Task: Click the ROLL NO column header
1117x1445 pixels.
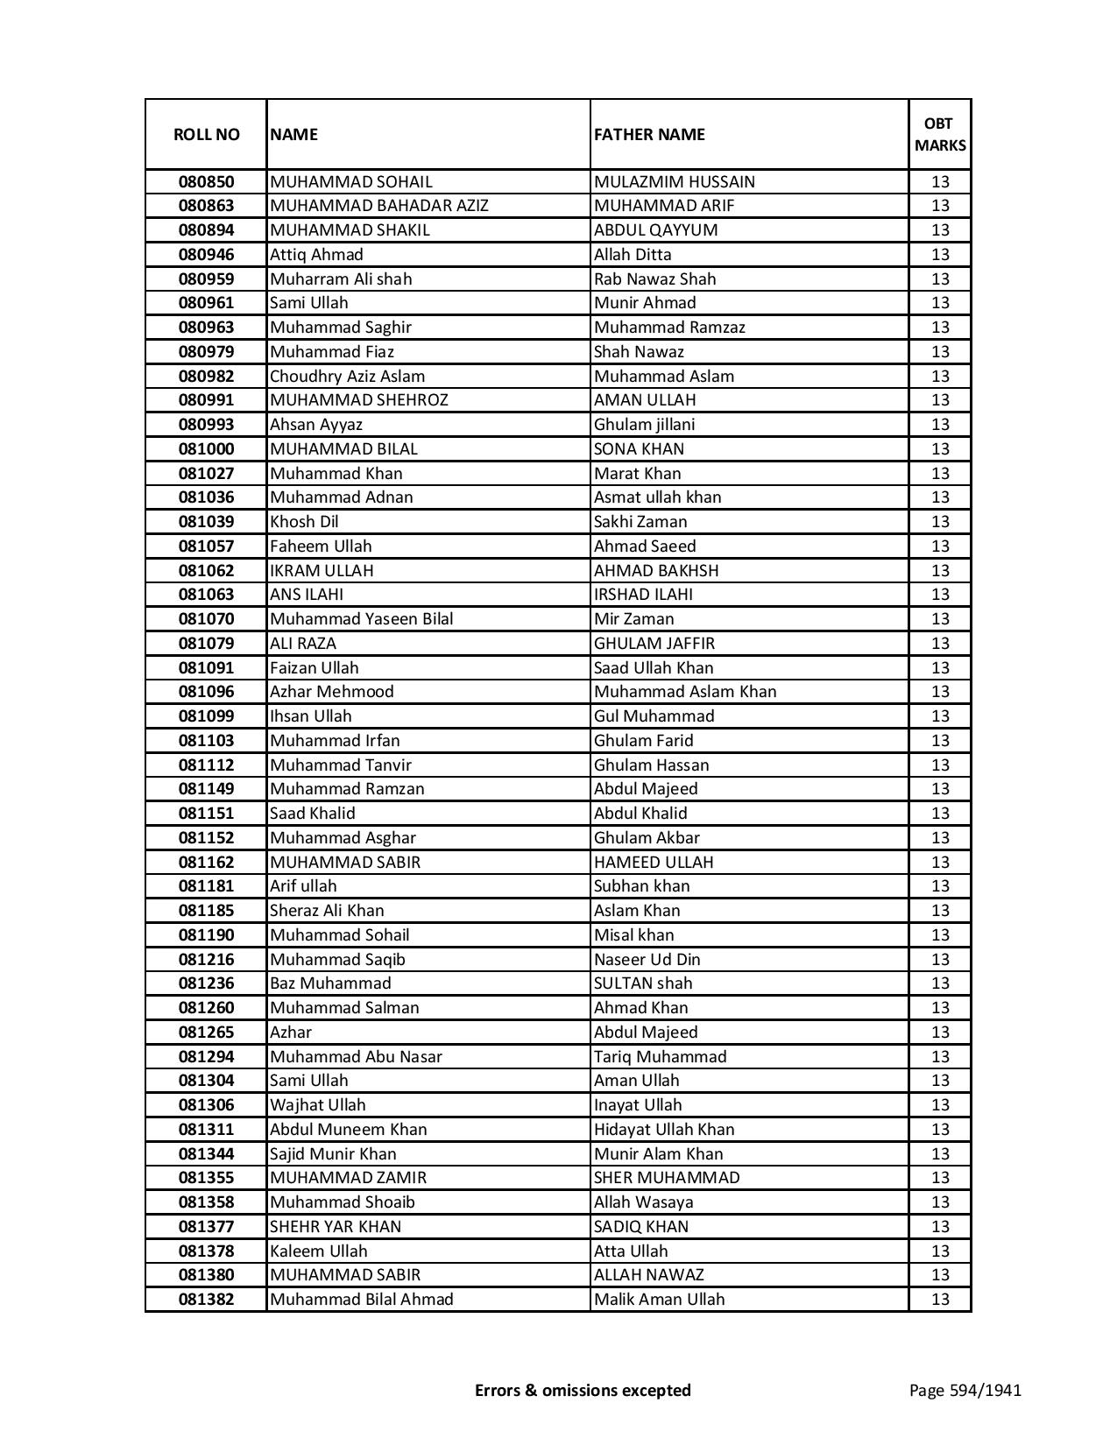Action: (206, 135)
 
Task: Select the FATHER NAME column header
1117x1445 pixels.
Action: (649, 135)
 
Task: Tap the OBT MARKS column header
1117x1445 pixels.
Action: (940, 135)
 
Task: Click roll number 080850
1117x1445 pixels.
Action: (206, 182)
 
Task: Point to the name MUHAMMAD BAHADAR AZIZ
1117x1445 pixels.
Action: (379, 206)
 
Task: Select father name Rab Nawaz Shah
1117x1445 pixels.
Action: (654, 279)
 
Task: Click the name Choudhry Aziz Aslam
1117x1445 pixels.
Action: (347, 377)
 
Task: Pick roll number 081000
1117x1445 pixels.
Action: (206, 449)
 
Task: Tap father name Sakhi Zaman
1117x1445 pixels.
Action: (640, 522)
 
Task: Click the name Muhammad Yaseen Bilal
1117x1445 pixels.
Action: (362, 619)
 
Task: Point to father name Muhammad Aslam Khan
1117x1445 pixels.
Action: (685, 692)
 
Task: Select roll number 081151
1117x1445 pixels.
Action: (206, 814)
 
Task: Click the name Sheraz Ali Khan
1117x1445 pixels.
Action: (327, 911)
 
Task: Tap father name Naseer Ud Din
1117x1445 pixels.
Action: (647, 960)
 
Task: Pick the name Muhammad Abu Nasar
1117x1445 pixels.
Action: (356, 1057)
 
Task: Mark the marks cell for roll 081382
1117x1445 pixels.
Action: (940, 1300)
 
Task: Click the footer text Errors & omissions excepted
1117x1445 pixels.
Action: (583, 1390)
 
